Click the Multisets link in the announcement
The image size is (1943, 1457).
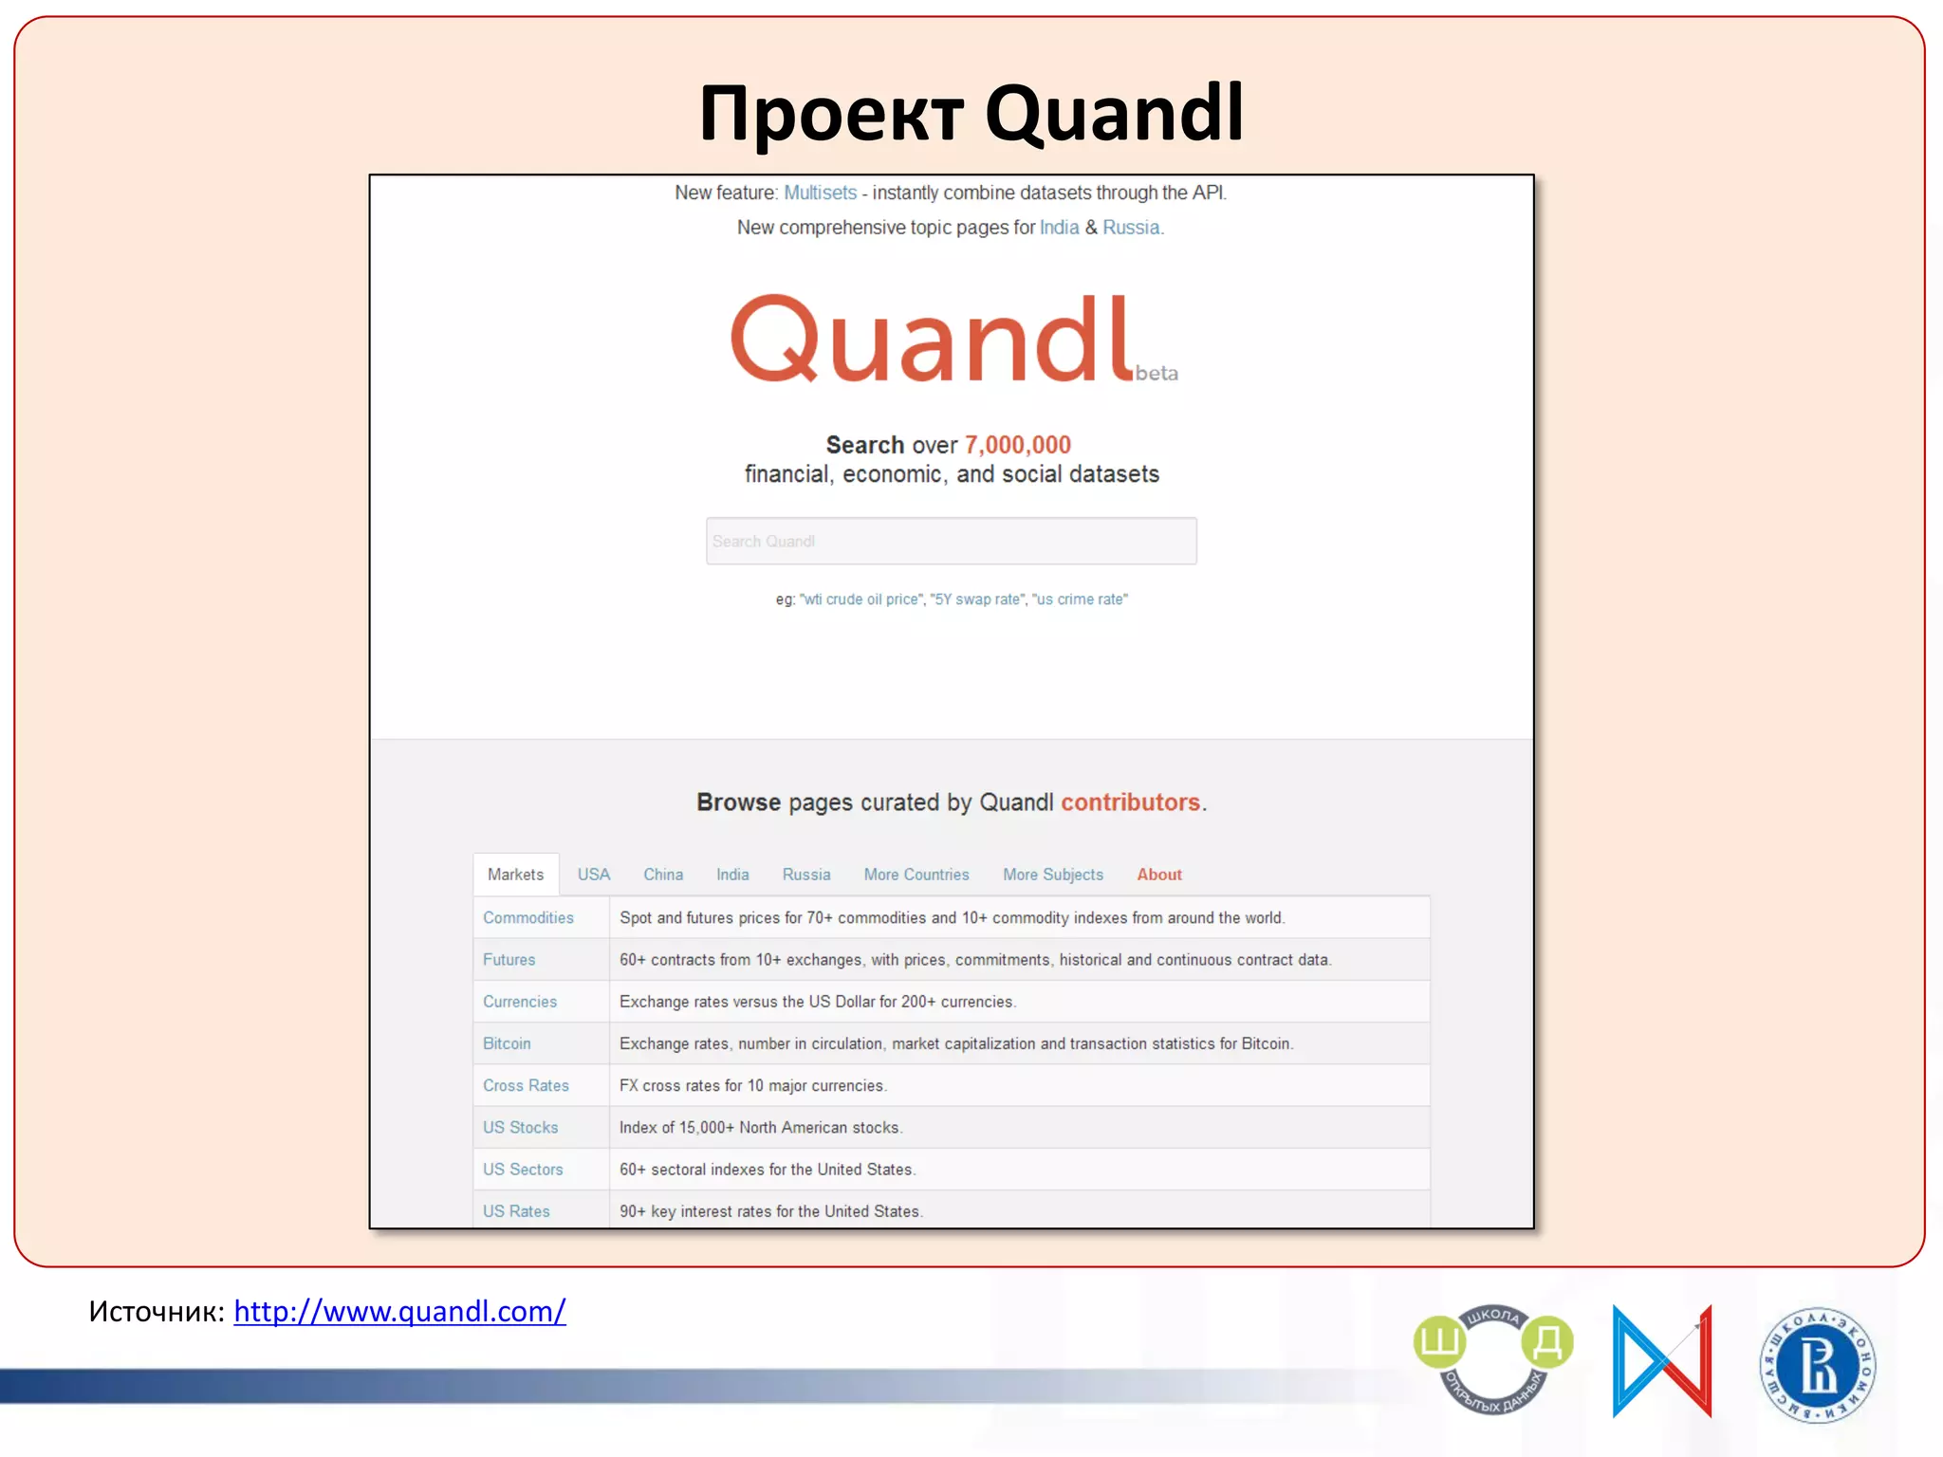820,193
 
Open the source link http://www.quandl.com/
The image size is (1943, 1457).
399,1311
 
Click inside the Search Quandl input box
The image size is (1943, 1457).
951,541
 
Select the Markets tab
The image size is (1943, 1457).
515,875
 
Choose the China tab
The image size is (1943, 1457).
662,875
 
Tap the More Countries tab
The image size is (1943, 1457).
916,875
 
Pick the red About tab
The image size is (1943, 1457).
1158,875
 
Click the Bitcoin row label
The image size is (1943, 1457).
507,1043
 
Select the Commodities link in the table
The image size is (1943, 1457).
527,917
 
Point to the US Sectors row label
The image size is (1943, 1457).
522,1170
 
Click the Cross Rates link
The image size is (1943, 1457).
526,1085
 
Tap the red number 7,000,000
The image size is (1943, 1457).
1017,445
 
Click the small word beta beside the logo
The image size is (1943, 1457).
1157,374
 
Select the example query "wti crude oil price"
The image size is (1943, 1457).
860,599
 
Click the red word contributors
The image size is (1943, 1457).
1130,802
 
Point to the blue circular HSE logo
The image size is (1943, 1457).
1817,1365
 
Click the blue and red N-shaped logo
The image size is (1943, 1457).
1661,1361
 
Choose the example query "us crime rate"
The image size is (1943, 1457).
1080,599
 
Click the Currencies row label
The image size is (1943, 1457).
519,1002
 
